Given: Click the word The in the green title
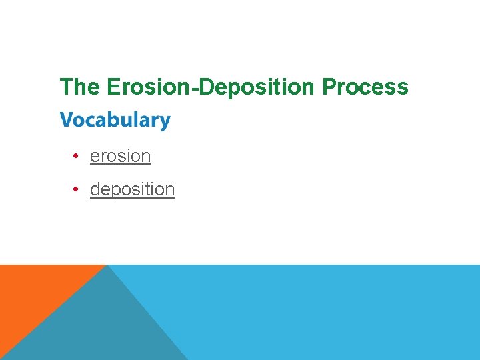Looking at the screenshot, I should (x=78, y=87).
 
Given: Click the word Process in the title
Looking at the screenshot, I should (x=365, y=87).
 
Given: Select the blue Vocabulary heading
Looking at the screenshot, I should (x=115, y=121).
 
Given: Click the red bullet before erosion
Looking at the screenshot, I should (x=77, y=156).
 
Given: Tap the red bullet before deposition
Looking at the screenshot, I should (x=77, y=189).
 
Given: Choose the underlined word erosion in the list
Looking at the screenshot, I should (x=120, y=156).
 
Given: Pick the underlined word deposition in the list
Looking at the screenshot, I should (x=132, y=189).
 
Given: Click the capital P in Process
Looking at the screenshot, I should (x=329, y=87).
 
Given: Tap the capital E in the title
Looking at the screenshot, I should (x=111, y=87).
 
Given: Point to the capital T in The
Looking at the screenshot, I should (x=65, y=87).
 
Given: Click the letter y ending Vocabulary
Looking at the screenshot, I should (x=165, y=123).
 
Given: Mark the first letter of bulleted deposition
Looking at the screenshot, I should (x=95, y=189).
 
